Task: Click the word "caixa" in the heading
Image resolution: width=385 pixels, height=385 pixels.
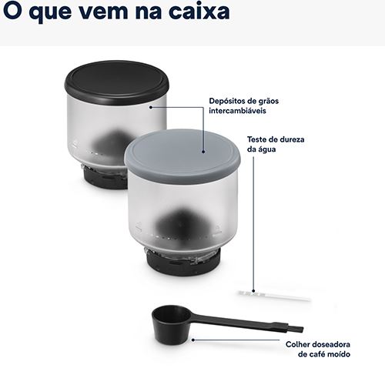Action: coord(199,11)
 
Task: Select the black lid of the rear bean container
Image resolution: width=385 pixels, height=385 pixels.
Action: coord(117,82)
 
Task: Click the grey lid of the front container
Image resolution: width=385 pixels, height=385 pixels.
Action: coord(182,156)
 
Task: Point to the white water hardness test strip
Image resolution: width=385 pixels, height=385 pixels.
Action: coord(274,296)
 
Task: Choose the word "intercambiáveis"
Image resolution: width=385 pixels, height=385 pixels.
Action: coord(237,111)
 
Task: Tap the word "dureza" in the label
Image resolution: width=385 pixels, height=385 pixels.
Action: coord(292,139)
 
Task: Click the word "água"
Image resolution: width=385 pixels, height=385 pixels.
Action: coord(267,149)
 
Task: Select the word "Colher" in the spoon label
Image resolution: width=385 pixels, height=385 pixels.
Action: coord(299,344)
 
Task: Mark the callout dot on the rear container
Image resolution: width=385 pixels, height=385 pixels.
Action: coord(151,107)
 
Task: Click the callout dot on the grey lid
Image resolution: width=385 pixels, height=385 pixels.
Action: coord(203,152)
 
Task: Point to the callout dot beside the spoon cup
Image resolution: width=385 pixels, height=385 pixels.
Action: coord(193,340)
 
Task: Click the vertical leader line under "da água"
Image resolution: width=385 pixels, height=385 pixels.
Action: coord(253,224)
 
